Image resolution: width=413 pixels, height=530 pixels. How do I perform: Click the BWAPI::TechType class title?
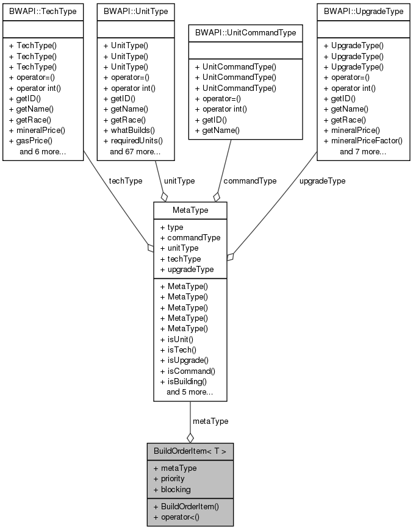[x=43, y=11]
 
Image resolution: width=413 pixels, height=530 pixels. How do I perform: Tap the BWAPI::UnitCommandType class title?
[x=245, y=32]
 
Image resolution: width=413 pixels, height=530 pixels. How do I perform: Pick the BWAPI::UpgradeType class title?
[x=363, y=11]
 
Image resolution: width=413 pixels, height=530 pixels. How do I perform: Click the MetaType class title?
[x=190, y=210]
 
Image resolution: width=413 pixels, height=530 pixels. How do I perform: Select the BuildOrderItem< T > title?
[x=190, y=451]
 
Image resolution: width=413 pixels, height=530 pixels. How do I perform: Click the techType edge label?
[x=126, y=181]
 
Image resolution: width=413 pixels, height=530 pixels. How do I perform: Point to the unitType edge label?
[x=179, y=181]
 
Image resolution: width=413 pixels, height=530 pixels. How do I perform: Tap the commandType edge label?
[x=250, y=181]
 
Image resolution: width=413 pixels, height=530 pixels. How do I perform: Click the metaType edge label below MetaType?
[x=210, y=421]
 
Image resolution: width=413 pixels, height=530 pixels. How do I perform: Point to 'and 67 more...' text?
[x=135, y=151]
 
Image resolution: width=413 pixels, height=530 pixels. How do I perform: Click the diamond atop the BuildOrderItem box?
[x=190, y=437]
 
